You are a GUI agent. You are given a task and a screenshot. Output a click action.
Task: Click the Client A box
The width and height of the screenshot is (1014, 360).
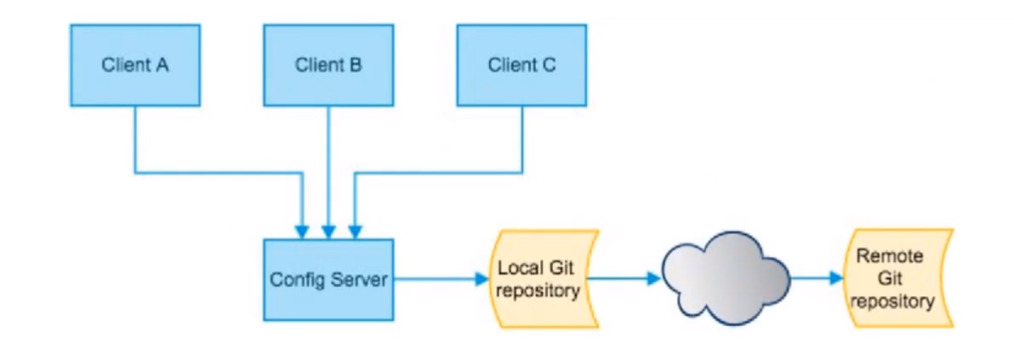click(135, 65)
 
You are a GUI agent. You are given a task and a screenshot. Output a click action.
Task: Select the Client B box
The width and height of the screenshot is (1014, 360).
click(328, 65)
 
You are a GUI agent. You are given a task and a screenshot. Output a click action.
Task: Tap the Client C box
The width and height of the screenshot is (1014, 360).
click(522, 65)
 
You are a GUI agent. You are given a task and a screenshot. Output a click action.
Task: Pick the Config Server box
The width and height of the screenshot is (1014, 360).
click(328, 279)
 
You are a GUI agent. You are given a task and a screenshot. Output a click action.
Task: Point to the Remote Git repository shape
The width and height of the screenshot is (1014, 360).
click(895, 279)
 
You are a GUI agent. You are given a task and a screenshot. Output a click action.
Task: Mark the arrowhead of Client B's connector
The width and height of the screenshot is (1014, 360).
click(328, 231)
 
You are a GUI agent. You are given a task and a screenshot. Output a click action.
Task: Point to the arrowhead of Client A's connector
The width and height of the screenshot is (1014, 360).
click(300, 231)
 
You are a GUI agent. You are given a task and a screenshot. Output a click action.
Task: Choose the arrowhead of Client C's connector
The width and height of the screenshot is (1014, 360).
click(356, 231)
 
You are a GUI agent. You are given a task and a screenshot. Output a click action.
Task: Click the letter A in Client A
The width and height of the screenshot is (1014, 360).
click(162, 65)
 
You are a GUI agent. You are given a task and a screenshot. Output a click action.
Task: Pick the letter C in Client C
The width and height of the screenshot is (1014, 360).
click(550, 65)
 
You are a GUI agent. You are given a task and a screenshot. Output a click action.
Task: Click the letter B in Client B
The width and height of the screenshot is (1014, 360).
click(356, 65)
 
